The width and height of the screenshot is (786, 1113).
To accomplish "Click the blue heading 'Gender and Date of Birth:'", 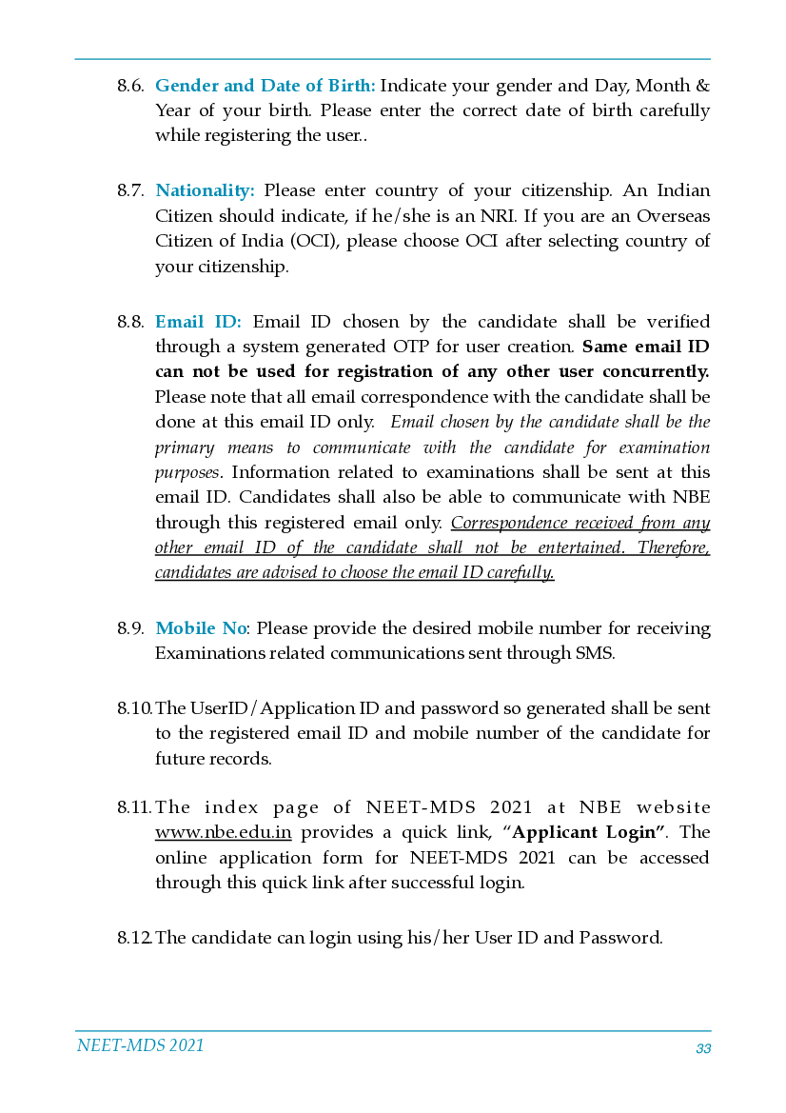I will pyautogui.click(x=265, y=86).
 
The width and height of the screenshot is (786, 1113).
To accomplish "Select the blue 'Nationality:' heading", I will pyautogui.click(x=205, y=190).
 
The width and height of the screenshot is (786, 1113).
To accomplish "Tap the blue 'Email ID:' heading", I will pyautogui.click(x=198, y=322).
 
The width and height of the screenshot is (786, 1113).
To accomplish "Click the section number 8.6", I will pyautogui.click(x=130, y=86).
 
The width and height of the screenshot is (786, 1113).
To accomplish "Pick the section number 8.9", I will pyautogui.click(x=130, y=628).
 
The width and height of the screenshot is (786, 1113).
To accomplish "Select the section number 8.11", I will pyautogui.click(x=134, y=807).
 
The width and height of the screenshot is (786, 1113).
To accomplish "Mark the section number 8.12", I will pyautogui.click(x=134, y=938).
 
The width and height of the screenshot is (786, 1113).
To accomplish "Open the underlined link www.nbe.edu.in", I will pyautogui.click(x=223, y=833).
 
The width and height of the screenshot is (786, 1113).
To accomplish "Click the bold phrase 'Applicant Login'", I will pyautogui.click(x=588, y=833).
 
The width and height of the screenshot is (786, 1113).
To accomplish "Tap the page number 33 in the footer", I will pyautogui.click(x=703, y=1049).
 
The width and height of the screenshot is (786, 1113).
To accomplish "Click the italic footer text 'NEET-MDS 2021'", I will pyautogui.click(x=140, y=1045).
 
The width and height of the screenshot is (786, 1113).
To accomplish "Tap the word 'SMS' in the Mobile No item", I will pyautogui.click(x=595, y=653).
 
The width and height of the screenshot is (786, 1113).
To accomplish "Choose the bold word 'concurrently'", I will pyautogui.click(x=651, y=371).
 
